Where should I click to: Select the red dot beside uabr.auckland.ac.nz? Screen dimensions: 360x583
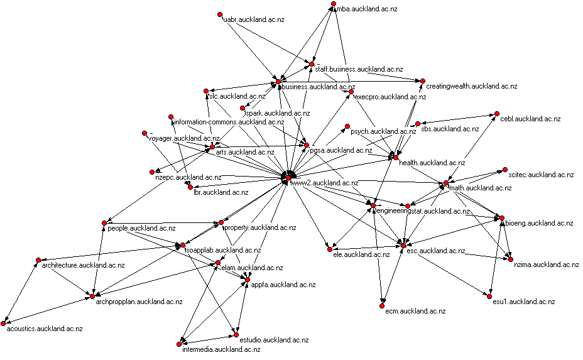pyautogui.click(x=219, y=14)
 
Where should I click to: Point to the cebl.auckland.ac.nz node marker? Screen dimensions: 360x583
pyautogui.click(x=496, y=114)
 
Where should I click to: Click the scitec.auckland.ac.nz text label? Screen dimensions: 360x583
pyautogui.click(x=542, y=175)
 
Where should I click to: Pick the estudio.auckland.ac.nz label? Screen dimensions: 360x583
pyautogui.click(x=275, y=340)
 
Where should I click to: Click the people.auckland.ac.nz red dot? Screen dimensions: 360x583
pyautogui.click(x=103, y=222)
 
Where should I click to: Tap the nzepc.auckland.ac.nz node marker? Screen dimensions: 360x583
pyautogui.click(x=151, y=172)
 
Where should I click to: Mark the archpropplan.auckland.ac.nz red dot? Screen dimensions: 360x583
pyautogui.click(x=92, y=296)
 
